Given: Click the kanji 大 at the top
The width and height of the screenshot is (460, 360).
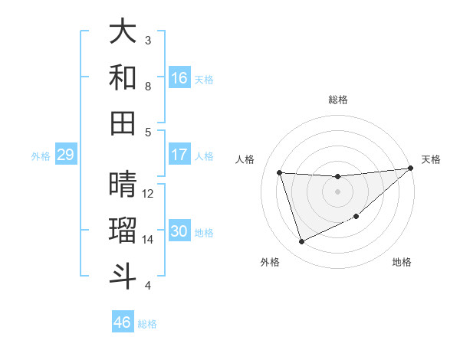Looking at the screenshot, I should [x=123, y=32].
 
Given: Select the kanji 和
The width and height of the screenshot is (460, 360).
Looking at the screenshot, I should [x=123, y=78].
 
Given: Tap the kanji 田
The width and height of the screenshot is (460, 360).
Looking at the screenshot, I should [x=123, y=123].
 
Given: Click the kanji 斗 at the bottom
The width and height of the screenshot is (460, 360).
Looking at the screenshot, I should [x=123, y=277].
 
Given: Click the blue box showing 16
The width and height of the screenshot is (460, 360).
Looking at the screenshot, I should [x=179, y=78].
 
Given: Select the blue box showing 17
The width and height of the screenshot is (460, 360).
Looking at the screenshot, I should [x=179, y=155].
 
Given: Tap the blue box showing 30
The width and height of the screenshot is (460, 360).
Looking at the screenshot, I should [x=179, y=231].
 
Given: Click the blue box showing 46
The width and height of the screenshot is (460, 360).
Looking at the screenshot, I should [x=123, y=322].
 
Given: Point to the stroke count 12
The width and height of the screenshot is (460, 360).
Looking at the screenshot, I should [x=148, y=194].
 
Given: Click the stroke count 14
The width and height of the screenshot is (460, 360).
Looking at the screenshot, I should [x=148, y=240].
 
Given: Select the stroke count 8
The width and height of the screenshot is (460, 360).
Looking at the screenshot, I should [x=148, y=87].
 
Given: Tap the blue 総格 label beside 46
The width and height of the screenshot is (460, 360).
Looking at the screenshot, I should [x=147, y=324].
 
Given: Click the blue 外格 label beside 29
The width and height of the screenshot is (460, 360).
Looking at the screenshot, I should [x=41, y=156].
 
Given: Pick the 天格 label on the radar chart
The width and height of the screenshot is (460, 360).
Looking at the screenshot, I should [x=431, y=159].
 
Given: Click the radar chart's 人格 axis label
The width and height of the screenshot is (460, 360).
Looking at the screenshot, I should [x=245, y=159].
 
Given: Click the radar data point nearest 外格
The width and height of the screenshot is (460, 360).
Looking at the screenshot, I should [x=301, y=242].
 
